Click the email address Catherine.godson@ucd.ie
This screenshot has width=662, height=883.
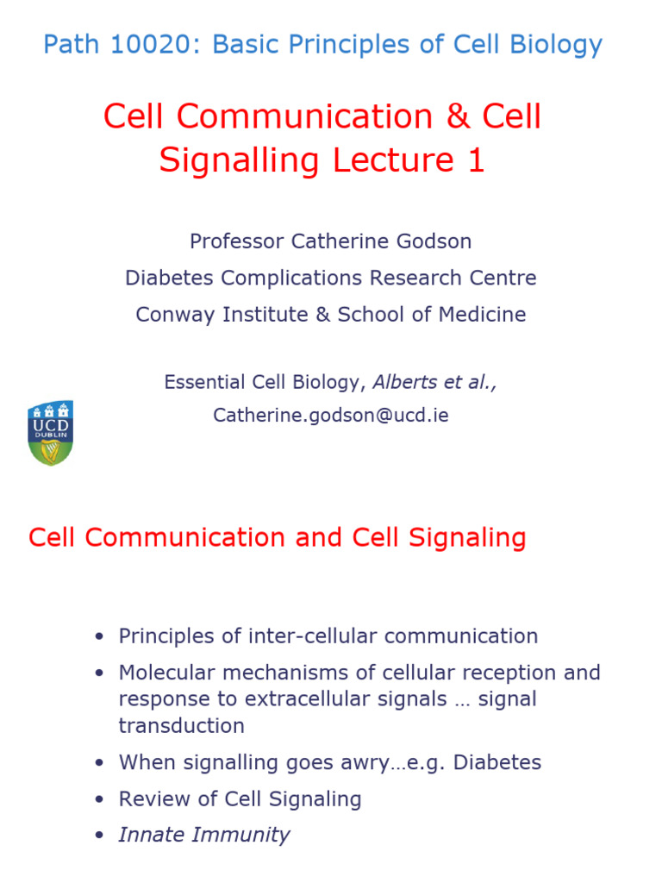pos(331,416)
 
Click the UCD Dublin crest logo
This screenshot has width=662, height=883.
pos(50,432)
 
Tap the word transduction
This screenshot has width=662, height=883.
pos(181,726)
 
